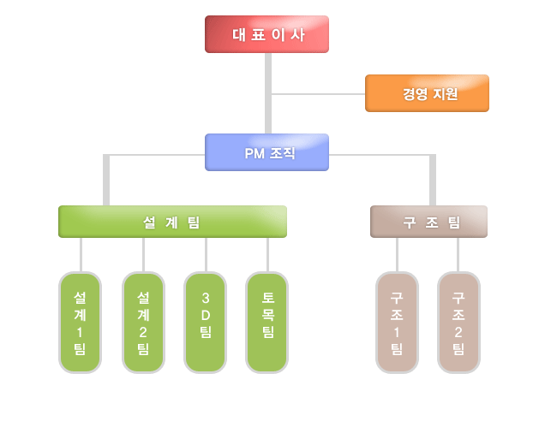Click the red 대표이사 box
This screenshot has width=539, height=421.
point(267,34)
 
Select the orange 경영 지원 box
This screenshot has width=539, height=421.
point(427,93)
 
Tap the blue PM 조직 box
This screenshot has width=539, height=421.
point(267,152)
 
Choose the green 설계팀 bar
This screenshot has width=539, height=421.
point(172,222)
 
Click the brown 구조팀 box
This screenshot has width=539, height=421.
point(428,222)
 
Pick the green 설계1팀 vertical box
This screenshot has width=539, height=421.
point(80,323)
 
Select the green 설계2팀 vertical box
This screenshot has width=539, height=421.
point(143,323)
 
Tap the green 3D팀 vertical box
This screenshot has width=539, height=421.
point(206,323)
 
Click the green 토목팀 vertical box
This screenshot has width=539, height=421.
point(267,323)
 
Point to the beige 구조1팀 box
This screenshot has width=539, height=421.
point(397,323)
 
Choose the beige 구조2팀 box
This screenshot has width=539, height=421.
point(458,323)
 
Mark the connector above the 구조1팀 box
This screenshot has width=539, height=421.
point(397,254)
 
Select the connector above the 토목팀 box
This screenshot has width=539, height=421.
point(267,254)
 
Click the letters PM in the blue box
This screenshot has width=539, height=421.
point(255,153)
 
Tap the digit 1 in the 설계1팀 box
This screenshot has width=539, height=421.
point(80,331)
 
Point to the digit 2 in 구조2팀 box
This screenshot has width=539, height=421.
point(458,331)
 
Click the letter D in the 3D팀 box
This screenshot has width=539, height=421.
point(206,315)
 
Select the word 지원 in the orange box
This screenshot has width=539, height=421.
point(444,94)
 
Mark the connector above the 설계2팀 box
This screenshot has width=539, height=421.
point(143,254)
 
